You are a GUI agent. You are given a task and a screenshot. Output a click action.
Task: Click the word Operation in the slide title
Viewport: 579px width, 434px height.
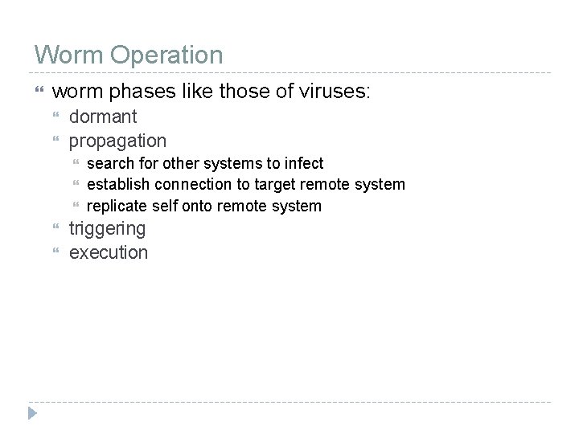pos(166,56)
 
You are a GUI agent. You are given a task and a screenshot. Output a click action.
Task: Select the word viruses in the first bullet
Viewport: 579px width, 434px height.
pos(334,92)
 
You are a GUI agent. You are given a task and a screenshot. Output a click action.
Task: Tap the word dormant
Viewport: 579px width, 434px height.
pos(103,117)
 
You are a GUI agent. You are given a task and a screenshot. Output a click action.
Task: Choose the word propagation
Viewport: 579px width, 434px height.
pos(117,141)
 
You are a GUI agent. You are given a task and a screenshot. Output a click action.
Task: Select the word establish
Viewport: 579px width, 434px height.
pos(117,184)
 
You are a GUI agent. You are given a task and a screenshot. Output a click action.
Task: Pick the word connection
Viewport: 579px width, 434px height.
pos(191,184)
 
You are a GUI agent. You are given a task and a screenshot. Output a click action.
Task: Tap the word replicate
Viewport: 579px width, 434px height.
pos(117,206)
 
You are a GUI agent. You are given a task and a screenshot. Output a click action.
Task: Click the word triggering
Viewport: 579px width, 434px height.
pos(107,229)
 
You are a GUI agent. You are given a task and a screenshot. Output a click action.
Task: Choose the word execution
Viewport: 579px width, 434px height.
pos(109,252)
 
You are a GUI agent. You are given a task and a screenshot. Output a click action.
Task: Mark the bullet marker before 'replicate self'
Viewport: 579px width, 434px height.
pos(76,207)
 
